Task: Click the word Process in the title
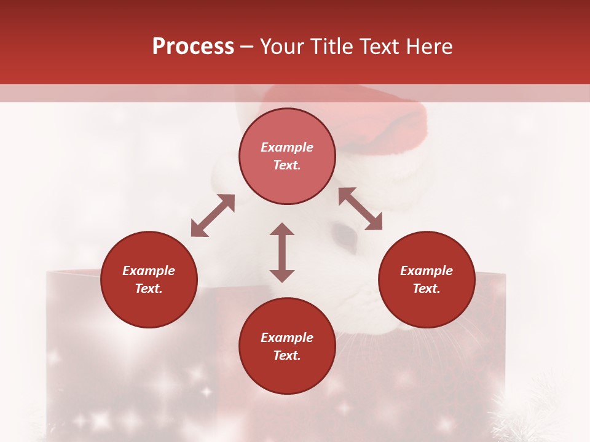193,47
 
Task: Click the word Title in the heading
331,47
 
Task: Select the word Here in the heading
430,47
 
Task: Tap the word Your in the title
281,47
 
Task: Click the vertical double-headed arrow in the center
282,252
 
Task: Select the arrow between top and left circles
213,215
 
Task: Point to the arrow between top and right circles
360,209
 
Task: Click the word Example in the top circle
287,147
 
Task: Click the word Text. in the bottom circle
287,356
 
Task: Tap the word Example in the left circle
149,271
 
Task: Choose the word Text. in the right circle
427,289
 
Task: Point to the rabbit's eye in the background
344,236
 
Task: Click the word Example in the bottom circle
287,338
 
